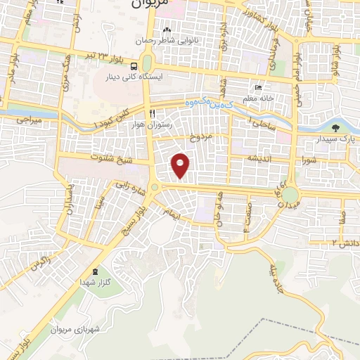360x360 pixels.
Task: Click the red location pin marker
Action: tap(181, 165)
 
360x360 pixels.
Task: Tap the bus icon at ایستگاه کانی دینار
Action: tap(134, 65)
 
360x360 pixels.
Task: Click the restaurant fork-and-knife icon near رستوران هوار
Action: tap(152, 112)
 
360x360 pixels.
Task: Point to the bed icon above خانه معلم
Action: tap(258, 89)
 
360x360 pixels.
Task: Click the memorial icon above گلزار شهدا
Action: tap(96, 272)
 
